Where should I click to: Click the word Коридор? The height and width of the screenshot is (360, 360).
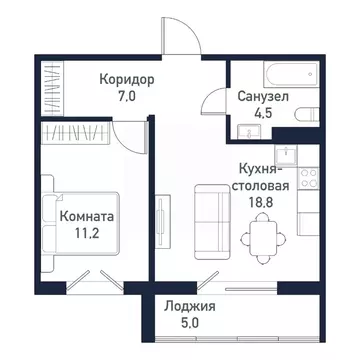pos(127,79)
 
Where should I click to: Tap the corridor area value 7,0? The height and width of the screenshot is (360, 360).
pos(127,97)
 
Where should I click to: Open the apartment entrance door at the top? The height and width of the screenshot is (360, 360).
pos(178,35)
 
